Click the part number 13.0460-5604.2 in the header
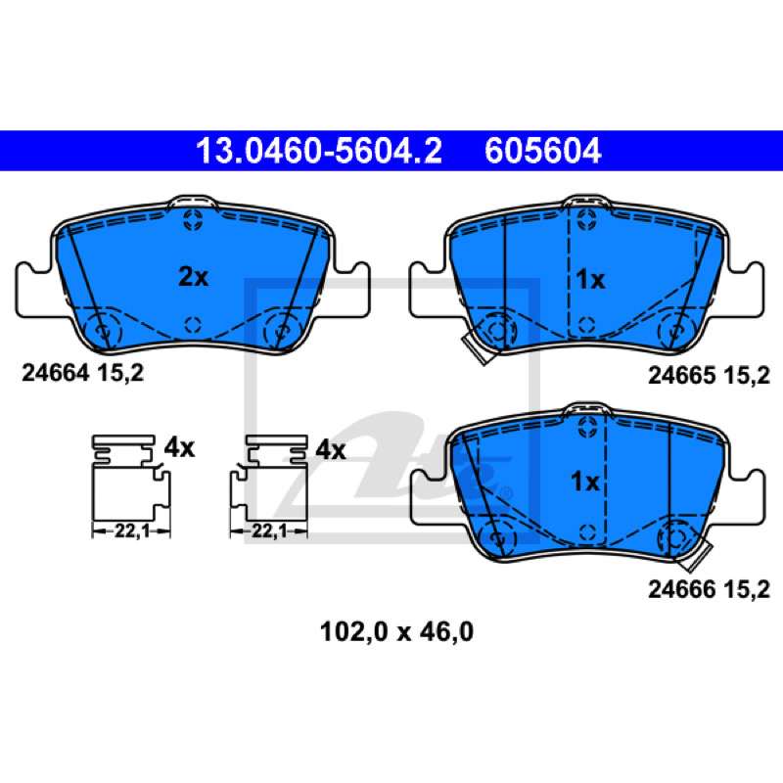pos(319,151)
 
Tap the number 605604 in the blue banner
pos(543,151)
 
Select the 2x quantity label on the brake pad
pos(193,277)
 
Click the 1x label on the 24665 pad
pos(590,280)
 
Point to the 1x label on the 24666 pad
pos(584,482)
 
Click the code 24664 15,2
pos(82,373)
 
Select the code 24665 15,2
pos(709,376)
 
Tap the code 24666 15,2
pos(709,590)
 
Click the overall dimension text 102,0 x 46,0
pos(396,632)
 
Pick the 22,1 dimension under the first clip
pos(132,531)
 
